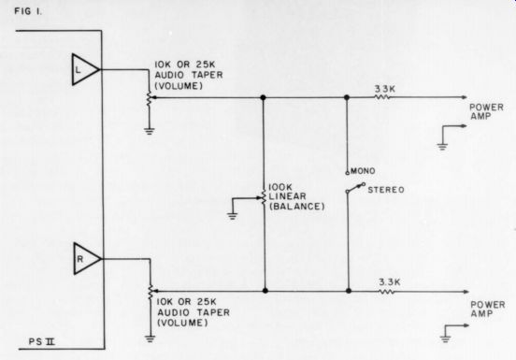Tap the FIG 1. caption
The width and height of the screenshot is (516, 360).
(x=28, y=11)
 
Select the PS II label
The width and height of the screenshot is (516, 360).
(x=41, y=342)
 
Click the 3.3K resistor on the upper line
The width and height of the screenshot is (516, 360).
(x=382, y=97)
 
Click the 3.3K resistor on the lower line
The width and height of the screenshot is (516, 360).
(x=386, y=292)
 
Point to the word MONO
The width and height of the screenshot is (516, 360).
(x=363, y=171)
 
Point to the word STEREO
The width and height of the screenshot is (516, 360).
(x=386, y=190)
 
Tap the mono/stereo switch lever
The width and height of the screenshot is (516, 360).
(x=355, y=188)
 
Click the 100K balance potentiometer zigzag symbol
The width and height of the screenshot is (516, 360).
(x=264, y=197)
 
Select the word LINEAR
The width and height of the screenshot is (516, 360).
(x=287, y=196)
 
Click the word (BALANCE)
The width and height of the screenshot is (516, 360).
(x=296, y=207)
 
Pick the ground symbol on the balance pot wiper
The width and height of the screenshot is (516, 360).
(x=233, y=216)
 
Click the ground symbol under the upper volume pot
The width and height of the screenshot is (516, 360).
(x=149, y=131)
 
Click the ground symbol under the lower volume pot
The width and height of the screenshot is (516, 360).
(x=150, y=338)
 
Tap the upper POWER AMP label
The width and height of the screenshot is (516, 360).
(x=486, y=112)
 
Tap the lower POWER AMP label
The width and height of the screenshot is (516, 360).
(x=487, y=310)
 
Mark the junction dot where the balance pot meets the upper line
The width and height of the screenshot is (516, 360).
(x=263, y=97)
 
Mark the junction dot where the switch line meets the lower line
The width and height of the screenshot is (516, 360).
(x=349, y=291)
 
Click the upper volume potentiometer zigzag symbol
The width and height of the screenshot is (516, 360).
(x=149, y=99)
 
